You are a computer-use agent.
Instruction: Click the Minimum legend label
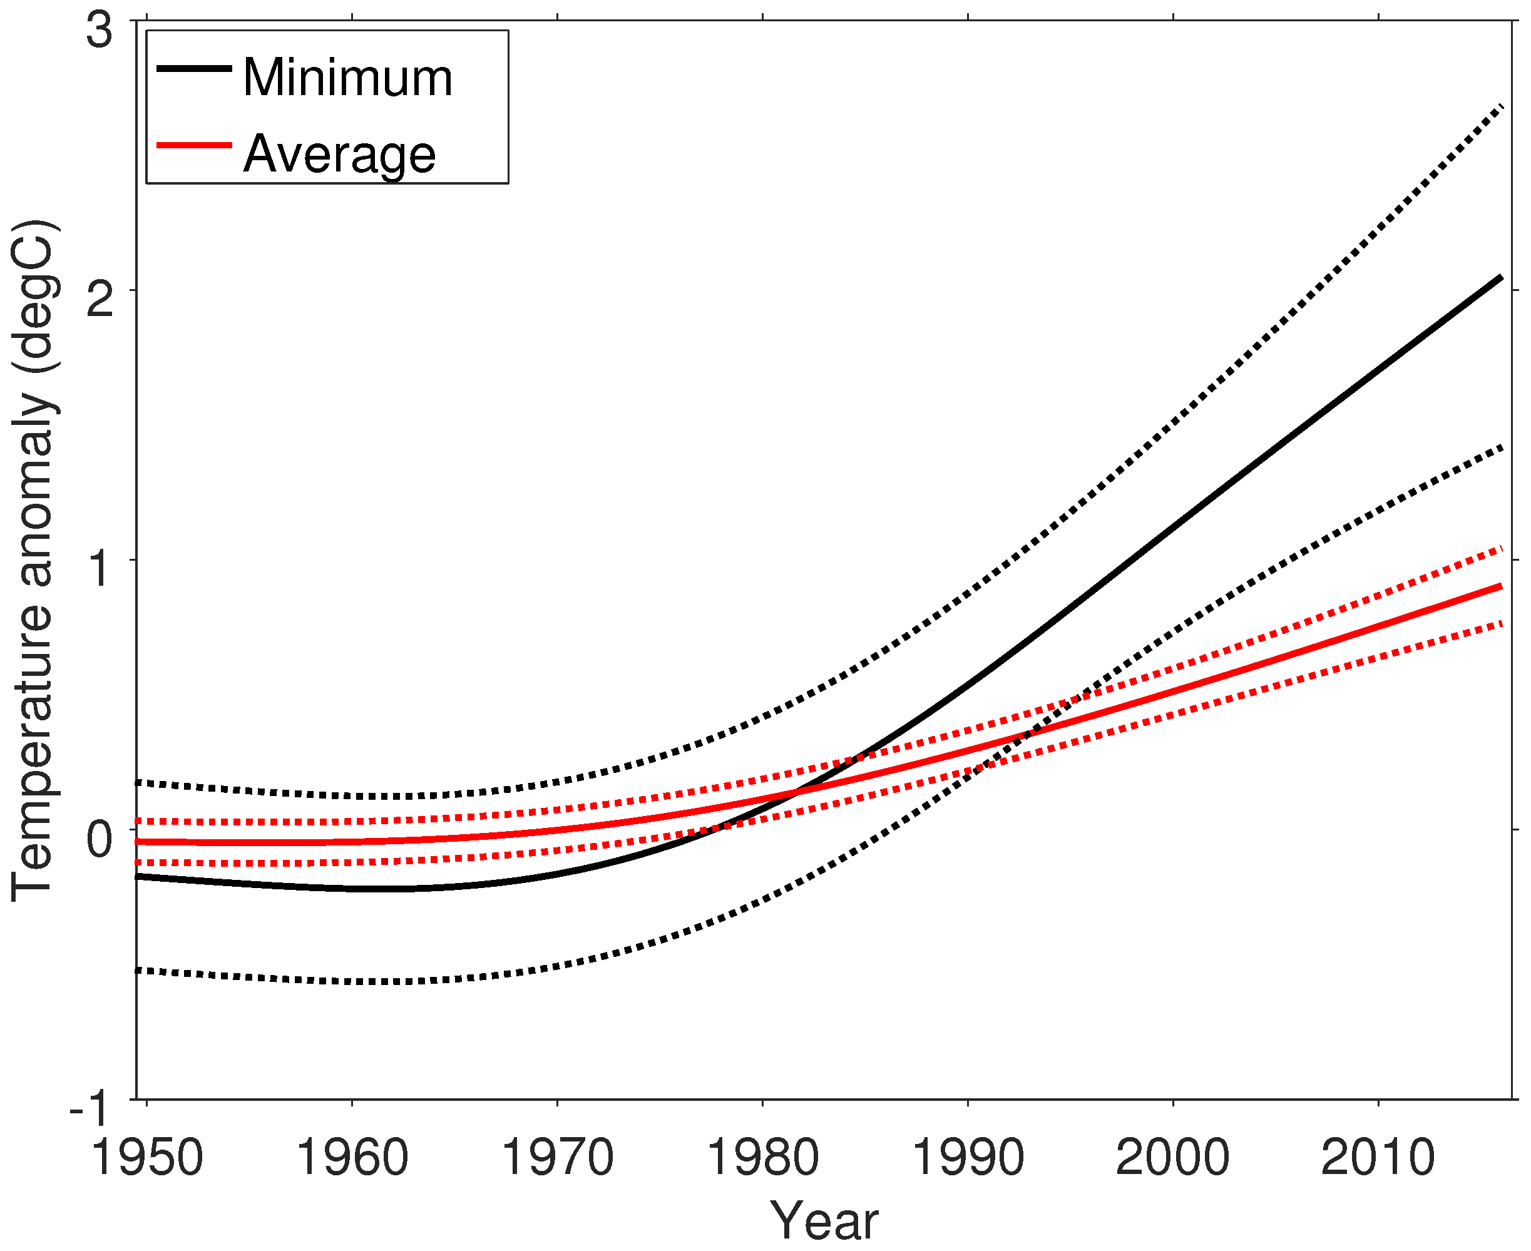click(347, 77)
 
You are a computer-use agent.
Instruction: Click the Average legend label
click(339, 154)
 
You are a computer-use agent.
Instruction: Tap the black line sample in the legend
click(194, 68)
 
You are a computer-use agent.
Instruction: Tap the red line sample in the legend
click(194, 146)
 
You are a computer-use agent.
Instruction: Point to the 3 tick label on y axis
click(100, 31)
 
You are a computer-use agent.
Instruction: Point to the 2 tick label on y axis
click(100, 300)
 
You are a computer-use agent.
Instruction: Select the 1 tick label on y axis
click(100, 569)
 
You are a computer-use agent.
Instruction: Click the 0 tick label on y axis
click(100, 839)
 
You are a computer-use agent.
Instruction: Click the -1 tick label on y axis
click(90, 1109)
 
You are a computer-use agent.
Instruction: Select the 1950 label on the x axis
click(147, 1158)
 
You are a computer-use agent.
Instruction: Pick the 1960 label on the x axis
click(352, 1158)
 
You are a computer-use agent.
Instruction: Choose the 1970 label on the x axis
click(557, 1158)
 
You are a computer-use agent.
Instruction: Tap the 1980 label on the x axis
click(762, 1158)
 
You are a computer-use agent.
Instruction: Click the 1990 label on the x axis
click(968, 1158)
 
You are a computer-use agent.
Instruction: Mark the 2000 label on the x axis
click(1173, 1158)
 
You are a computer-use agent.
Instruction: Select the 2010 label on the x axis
click(1378, 1158)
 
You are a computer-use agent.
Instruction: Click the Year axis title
click(824, 1222)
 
